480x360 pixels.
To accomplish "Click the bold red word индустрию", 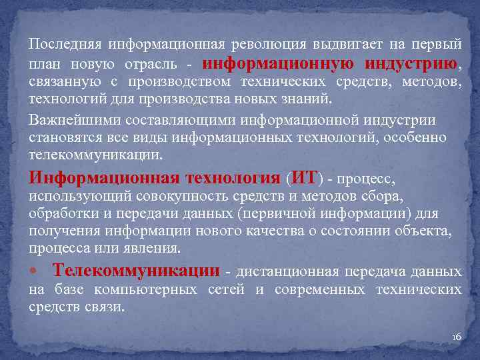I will pyautogui.click(x=411, y=64).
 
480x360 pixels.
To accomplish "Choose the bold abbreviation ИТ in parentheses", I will pyautogui.click(x=303, y=178).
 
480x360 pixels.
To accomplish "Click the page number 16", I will pyautogui.click(x=457, y=338).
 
